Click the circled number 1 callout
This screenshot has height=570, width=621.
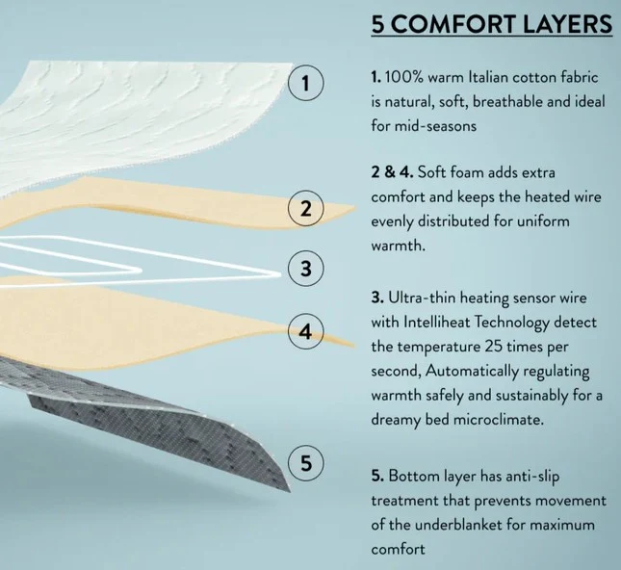tap(305, 83)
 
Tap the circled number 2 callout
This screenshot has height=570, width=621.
tap(305, 208)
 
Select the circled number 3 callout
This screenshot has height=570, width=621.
tap(305, 269)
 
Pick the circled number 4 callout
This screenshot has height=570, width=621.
tap(305, 331)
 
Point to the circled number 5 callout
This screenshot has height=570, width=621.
tap(305, 462)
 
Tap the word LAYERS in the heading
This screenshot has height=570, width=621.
tap(567, 24)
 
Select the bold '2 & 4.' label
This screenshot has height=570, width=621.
tap(392, 172)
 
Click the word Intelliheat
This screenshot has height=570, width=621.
tap(436, 322)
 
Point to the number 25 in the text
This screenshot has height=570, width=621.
tap(494, 347)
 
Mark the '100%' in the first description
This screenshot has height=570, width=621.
tap(403, 77)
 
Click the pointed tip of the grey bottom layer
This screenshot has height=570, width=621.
tap(291, 492)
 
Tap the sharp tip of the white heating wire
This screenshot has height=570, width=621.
tap(281, 273)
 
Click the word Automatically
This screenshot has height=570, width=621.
tap(473, 372)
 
